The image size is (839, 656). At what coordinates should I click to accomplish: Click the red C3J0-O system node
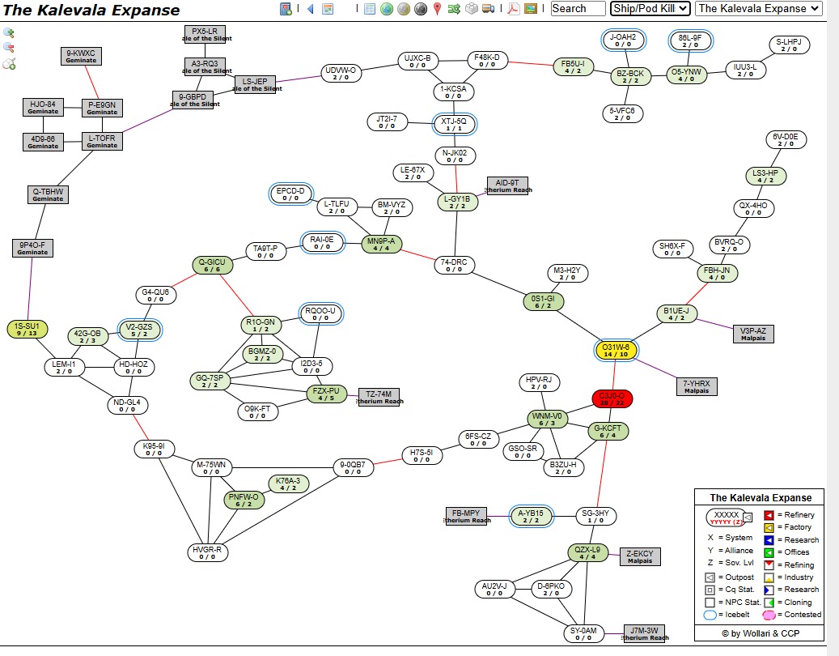coord(612,398)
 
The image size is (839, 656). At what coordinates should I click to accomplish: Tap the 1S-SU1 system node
coord(27,330)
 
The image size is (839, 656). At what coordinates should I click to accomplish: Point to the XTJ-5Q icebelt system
coord(454,124)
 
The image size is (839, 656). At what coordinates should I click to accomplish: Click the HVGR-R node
coord(207,552)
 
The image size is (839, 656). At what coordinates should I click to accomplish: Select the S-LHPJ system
coord(788,45)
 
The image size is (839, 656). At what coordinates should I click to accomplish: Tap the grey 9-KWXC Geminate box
coord(81,56)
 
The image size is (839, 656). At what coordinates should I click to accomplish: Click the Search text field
coord(578,9)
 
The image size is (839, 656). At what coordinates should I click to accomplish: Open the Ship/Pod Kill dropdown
coord(650,9)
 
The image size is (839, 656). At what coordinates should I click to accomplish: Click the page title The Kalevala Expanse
coord(91,11)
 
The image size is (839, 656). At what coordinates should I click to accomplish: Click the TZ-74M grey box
coord(379,397)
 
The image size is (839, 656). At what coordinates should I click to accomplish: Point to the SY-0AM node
coord(584,633)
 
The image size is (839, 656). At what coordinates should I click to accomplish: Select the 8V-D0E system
coord(785,140)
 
